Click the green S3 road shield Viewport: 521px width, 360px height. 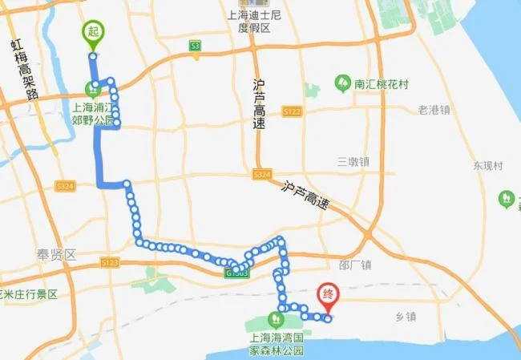(195, 47)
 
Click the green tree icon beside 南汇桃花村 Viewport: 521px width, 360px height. (342, 83)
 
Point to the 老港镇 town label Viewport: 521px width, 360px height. (434, 110)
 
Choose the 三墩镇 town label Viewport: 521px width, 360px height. (353, 160)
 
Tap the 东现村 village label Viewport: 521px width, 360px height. (487, 166)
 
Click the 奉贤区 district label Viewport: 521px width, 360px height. (55, 254)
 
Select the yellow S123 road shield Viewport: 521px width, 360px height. (110, 261)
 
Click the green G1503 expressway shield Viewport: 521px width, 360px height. (237, 273)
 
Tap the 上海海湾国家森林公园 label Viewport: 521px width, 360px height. (277, 344)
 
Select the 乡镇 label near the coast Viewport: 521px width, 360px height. (406, 317)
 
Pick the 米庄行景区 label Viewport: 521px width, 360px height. (30, 293)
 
